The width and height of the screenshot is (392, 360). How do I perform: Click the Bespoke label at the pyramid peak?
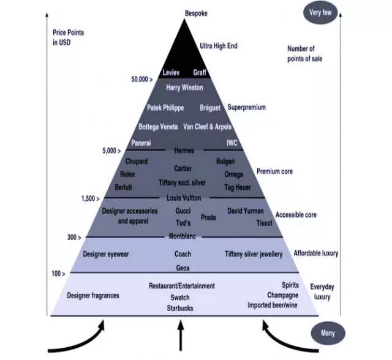tap(197, 13)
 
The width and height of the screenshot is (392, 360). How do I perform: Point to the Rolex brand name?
tap(127, 174)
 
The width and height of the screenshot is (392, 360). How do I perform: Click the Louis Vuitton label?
tap(184, 198)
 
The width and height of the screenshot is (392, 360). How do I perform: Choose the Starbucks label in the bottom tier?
tap(180, 308)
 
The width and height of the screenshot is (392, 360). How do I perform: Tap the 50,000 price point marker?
tap(141, 80)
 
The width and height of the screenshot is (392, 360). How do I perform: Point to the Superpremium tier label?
tap(247, 107)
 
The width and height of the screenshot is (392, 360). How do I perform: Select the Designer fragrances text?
tap(93, 296)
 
